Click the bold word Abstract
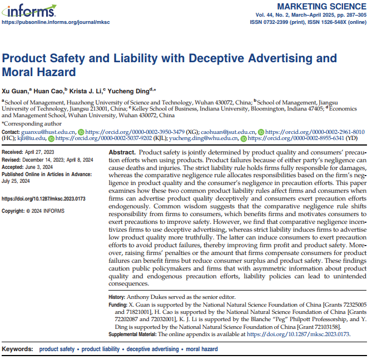[x=122, y=152]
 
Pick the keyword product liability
[x=100, y=349]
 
